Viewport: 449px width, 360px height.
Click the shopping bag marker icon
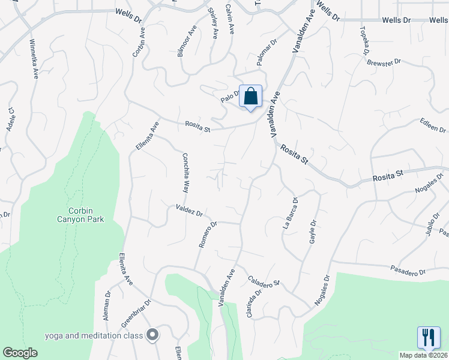[x=250, y=96]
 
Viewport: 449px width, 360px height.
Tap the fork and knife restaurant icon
[x=429, y=338]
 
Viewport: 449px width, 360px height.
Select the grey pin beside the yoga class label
[x=152, y=335]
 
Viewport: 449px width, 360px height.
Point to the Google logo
[x=20, y=353]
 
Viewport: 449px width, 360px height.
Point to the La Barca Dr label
[x=290, y=213]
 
